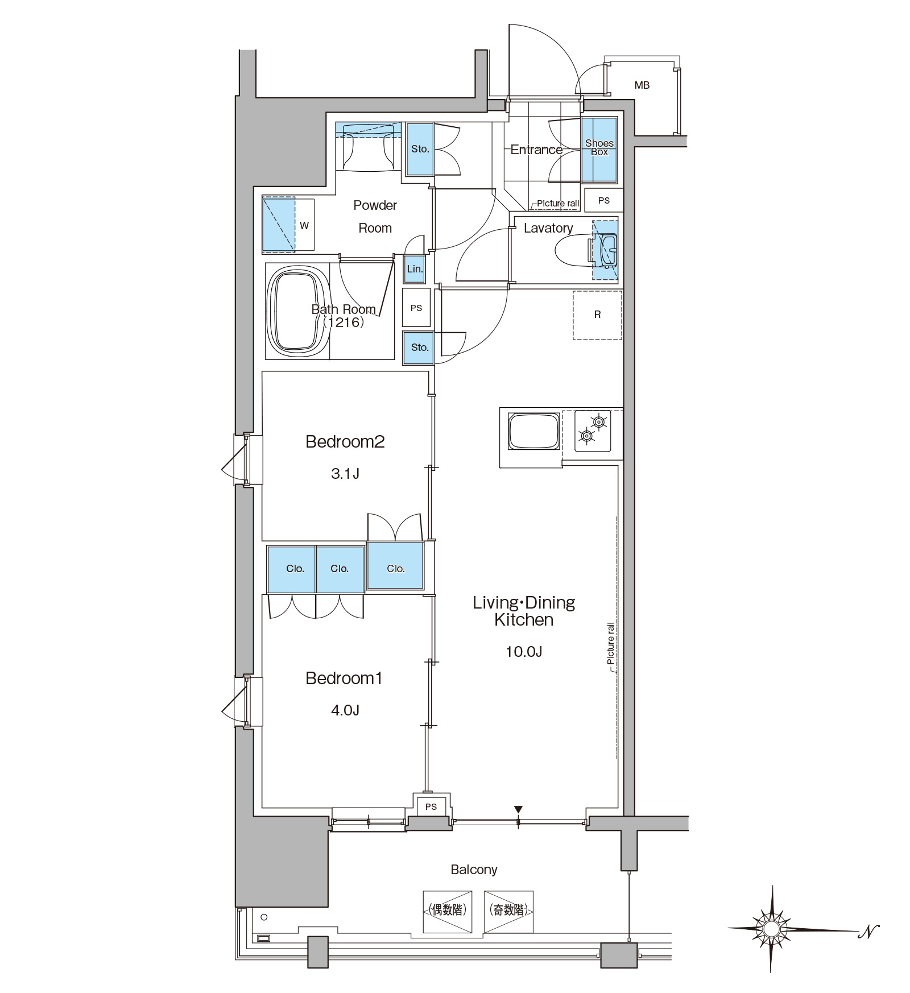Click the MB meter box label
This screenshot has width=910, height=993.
642,85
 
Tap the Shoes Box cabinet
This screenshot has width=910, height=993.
599,150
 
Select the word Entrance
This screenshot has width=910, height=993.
536,150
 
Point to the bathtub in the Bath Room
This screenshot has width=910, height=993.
298,311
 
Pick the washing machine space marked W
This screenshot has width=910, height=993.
288,225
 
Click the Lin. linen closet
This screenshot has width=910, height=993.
415,269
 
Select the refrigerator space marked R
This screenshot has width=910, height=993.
597,315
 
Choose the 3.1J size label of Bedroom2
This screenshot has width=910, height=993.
345,473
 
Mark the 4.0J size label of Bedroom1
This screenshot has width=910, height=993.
345,710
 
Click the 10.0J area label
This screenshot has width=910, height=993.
524,651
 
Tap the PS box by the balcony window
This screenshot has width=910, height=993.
431,806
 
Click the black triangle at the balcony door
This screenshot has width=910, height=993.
518,809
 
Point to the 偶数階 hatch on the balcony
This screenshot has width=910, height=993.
448,911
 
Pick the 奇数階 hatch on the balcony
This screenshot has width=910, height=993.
508,911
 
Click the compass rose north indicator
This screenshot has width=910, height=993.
771,929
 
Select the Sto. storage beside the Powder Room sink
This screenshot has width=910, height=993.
420,150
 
